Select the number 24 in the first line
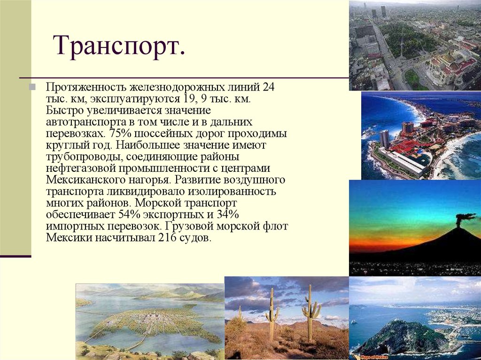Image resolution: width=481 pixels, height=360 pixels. pos(269,88)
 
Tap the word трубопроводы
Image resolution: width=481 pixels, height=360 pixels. pos(75,157)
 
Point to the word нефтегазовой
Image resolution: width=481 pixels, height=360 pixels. pos(73,169)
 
